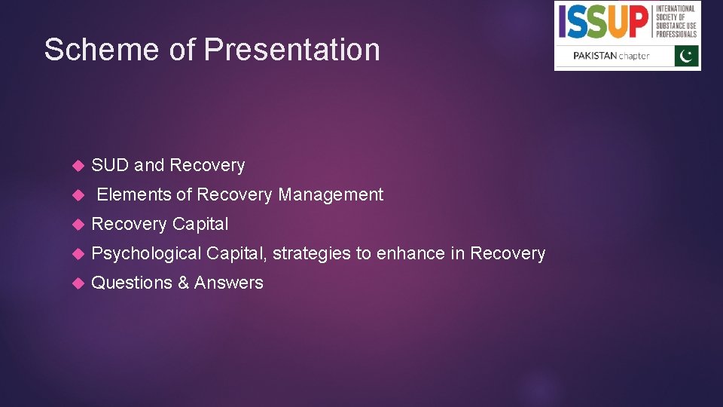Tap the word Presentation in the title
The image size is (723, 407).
(292, 50)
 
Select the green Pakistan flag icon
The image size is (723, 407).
(686, 57)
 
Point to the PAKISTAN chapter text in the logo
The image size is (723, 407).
(611, 57)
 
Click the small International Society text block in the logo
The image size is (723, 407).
(675, 22)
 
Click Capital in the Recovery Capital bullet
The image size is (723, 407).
(200, 224)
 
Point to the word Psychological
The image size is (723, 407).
(146, 253)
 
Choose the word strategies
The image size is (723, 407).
(311, 253)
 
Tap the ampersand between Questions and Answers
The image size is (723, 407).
(183, 283)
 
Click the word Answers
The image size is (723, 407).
(229, 283)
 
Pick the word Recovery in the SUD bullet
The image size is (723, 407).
(207, 165)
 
